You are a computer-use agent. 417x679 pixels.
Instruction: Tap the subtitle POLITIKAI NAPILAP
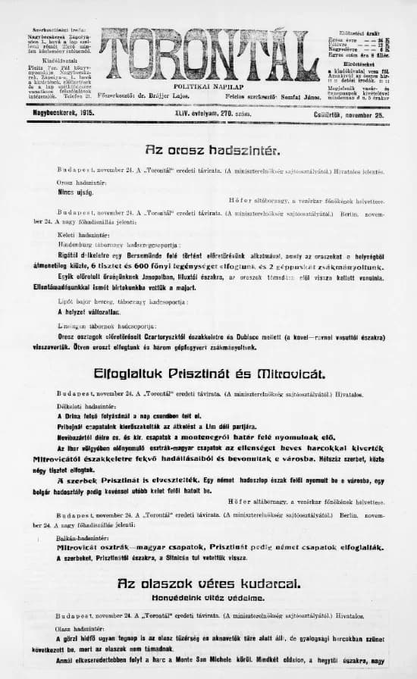tap(208, 88)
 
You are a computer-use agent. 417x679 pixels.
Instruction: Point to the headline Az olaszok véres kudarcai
tap(209, 584)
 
